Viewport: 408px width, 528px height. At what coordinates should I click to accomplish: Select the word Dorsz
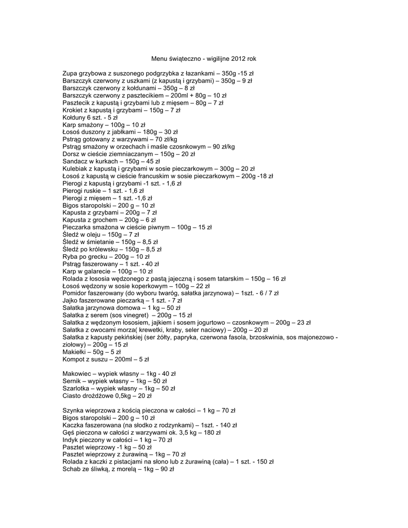pyautogui.click(x=70, y=154)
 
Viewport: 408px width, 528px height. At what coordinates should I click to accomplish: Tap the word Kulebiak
pyautogui.click(x=75, y=169)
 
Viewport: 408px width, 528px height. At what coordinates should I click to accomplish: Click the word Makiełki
pyautogui.click(x=74, y=352)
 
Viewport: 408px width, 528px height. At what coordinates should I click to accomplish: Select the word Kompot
pyautogui.click(x=74, y=359)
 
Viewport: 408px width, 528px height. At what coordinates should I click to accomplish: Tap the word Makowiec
pyautogui.click(x=76, y=373)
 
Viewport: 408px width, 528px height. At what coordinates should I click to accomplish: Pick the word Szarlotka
pyautogui.click(x=76, y=388)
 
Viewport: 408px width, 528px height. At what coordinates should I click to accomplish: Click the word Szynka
pyautogui.click(x=73, y=410)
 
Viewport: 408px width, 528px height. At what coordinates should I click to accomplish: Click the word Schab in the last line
pyautogui.click(x=72, y=469)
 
